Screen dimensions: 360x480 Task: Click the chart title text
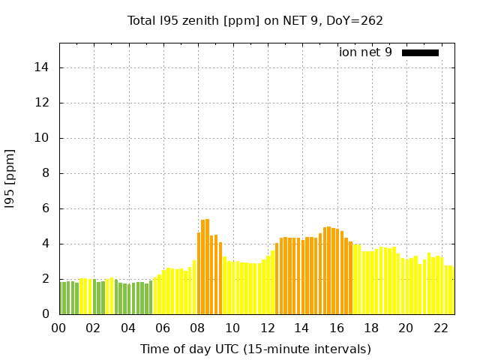click(x=255, y=20)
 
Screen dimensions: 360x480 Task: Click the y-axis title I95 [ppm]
click(x=10, y=178)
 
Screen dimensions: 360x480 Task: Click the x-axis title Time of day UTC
click(x=255, y=349)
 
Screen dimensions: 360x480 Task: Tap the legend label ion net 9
click(x=365, y=52)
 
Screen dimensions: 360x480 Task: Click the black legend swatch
click(x=420, y=52)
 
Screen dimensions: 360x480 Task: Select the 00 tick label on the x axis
click(x=59, y=328)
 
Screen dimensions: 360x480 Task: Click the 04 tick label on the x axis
click(x=129, y=328)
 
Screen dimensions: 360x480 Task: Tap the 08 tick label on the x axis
click(x=198, y=328)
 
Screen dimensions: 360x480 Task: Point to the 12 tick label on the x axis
click(x=268, y=328)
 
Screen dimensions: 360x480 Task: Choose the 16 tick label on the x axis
click(x=337, y=328)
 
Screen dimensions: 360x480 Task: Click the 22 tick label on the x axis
click(x=441, y=328)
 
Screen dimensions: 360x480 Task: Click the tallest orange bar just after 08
click(x=207, y=267)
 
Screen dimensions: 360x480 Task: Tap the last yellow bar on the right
click(x=451, y=290)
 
